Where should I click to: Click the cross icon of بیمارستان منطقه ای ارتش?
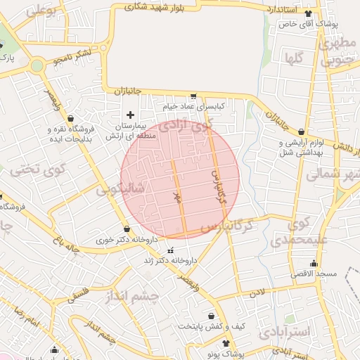pyautogui.click(x=129, y=115)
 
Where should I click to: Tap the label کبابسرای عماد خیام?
pyautogui.click(x=193, y=105)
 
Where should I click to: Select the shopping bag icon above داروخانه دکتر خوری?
pyautogui.click(x=127, y=229)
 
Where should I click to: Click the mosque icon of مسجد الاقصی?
pyautogui.click(x=314, y=264)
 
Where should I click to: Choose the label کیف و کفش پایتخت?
pyautogui.click(x=211, y=326)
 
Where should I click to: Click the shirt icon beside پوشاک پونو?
pyautogui.click(x=226, y=344)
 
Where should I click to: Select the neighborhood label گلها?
pyautogui.click(x=295, y=58)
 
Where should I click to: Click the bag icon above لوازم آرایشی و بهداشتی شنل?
pyautogui.click(x=302, y=131)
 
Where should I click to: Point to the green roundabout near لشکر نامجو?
pyautogui.click(x=37, y=66)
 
